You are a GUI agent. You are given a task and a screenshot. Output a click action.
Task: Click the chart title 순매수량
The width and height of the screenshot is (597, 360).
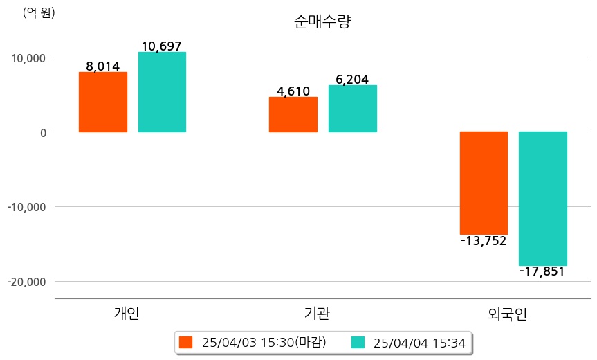point(322,22)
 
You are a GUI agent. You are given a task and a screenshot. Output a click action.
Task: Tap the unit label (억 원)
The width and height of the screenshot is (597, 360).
point(39,13)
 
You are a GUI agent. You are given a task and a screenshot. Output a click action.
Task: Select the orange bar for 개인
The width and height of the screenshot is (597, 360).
point(102,102)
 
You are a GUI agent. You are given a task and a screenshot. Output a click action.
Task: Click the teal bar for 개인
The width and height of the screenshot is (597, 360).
point(162,92)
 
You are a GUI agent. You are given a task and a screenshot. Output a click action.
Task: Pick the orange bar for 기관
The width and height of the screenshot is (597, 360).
point(293,114)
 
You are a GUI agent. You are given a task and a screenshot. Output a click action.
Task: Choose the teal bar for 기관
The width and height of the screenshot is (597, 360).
point(352,109)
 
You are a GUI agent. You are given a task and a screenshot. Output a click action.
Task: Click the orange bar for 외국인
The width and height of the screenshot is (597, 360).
point(484,183)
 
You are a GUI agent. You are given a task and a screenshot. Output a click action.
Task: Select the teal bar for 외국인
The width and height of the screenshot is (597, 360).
point(543,198)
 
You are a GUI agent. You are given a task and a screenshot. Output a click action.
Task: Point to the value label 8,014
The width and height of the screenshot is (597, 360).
point(102,66)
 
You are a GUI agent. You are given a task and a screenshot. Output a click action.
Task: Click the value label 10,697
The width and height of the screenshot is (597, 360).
point(161,46)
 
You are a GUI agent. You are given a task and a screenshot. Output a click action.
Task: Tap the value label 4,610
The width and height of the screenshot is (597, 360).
point(293,91)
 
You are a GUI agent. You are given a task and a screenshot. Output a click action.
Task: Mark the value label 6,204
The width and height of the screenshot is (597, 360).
point(352,80)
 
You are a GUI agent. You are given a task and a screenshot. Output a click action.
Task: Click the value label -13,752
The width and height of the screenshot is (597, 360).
point(484,241)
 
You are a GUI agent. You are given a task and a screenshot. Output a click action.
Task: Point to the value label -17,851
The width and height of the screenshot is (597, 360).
point(542,271)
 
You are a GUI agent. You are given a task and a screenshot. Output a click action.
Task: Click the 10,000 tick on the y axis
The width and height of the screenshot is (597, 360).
point(28,57)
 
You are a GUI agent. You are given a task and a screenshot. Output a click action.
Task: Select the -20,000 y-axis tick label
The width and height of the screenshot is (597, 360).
point(26,282)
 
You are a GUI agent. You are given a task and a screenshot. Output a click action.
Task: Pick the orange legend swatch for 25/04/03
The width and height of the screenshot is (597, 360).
point(185,342)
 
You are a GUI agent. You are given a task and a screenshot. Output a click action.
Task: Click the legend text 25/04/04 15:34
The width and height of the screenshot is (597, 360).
point(419,342)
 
